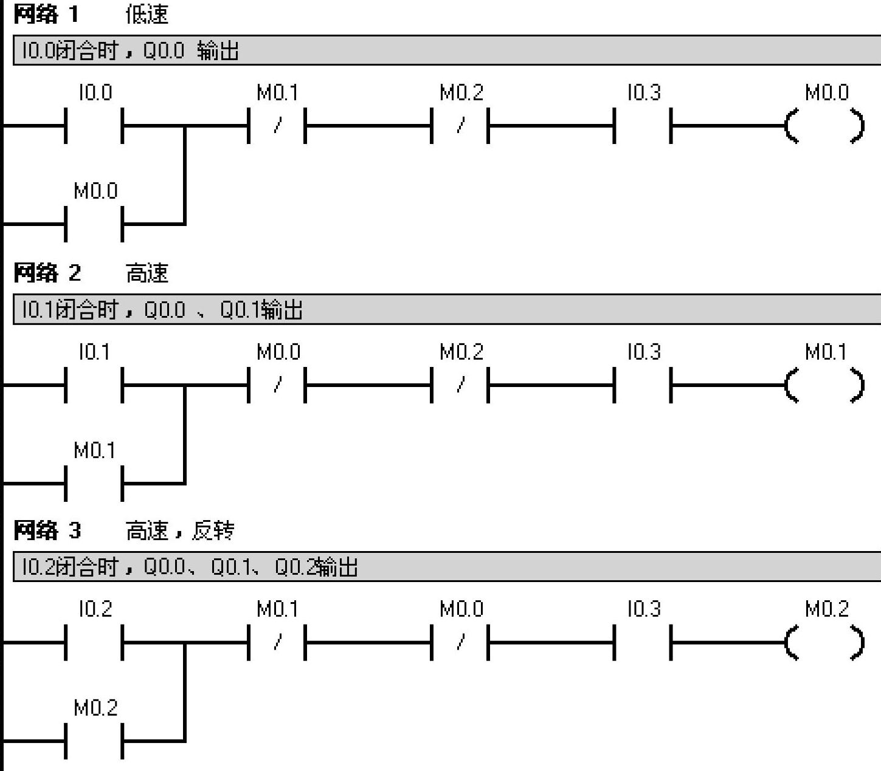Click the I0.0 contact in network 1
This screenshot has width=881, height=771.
94,126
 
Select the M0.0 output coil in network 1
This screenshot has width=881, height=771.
824,126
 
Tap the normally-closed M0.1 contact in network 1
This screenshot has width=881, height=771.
277,126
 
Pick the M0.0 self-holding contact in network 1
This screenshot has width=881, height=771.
94,224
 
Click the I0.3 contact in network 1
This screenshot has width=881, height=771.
642,126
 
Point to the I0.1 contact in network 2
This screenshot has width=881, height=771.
94,385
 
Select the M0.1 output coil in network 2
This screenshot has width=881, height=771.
824,385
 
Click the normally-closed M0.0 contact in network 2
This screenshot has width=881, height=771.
277,385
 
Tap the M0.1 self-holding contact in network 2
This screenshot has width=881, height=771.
94,483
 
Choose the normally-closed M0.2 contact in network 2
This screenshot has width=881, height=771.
460,385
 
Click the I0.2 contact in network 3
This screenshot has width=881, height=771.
94,642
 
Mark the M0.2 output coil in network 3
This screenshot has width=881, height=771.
824,642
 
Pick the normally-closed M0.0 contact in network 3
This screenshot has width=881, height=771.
460,642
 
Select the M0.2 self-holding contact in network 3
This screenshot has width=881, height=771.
94,741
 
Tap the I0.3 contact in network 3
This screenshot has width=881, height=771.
642,642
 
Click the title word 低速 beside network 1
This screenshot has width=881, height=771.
147,14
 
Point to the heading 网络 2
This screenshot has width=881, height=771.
47,273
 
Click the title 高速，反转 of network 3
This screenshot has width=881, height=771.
180,531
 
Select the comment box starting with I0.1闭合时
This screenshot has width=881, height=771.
446,310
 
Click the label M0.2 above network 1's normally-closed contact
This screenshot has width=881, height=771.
461,93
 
